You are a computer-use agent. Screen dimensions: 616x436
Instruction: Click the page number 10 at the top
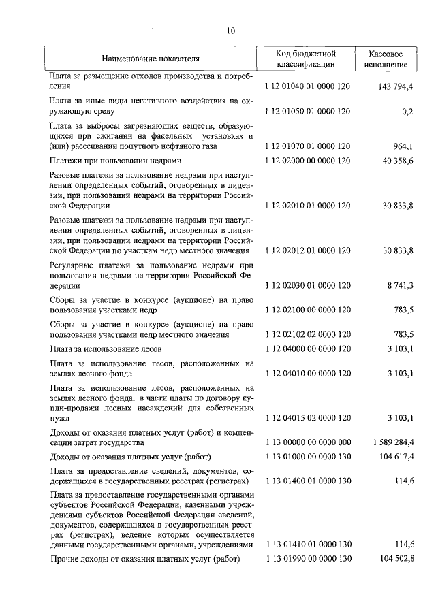(230, 31)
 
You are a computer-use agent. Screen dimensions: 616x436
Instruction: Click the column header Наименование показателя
(151, 59)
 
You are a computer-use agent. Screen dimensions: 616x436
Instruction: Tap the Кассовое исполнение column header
(387, 59)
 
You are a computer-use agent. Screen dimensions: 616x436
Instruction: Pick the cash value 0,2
(407, 110)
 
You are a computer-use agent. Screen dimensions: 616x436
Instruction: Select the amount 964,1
(401, 146)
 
